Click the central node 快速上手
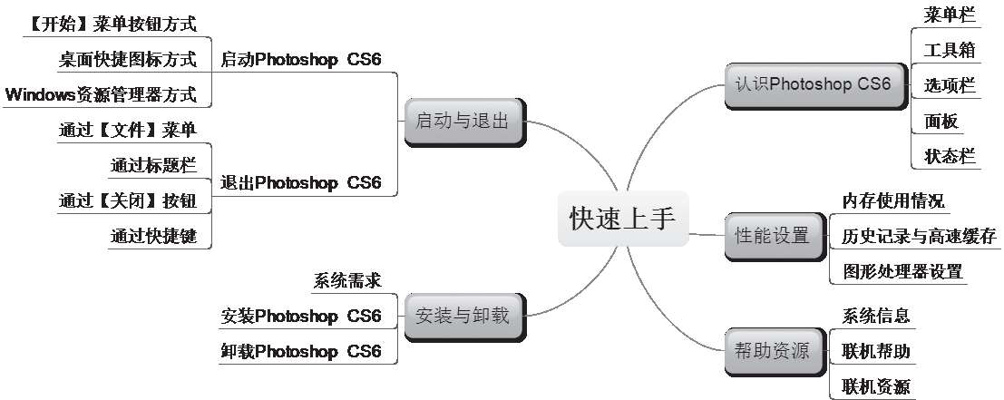(622, 219)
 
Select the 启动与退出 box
(463, 121)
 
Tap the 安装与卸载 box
(463, 317)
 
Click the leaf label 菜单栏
(950, 15)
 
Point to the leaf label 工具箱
(950, 50)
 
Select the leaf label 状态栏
(950, 155)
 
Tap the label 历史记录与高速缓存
(919, 237)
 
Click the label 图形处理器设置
(902, 271)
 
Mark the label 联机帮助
(876, 351)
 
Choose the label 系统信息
(876, 317)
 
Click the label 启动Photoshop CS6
(301, 60)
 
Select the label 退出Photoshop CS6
(301, 181)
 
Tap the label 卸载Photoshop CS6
(301, 350)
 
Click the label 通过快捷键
(153, 237)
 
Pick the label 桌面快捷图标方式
(128, 60)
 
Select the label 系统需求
(347, 281)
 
